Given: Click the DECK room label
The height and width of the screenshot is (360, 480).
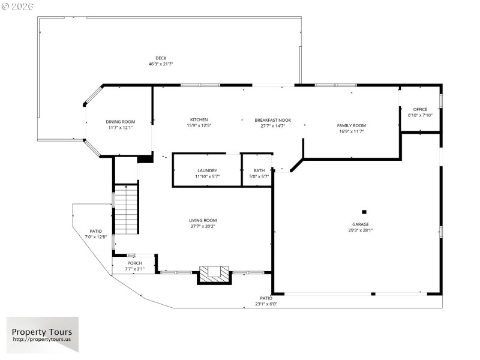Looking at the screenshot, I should tap(161, 58).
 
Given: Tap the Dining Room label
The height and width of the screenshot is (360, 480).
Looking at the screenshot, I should tap(121, 122).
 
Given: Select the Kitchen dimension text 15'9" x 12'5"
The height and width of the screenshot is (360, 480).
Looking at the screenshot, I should tap(199, 125).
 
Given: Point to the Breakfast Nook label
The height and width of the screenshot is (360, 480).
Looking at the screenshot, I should tap(272, 120).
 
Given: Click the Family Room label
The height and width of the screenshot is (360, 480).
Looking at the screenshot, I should tap(352, 125).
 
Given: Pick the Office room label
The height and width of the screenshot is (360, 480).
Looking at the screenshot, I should tap(420, 109).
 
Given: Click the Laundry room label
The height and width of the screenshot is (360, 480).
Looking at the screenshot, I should tap(207, 171).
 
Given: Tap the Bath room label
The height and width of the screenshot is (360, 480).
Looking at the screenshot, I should tap(259, 171).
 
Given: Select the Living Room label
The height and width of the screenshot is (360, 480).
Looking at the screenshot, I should tap(203, 220).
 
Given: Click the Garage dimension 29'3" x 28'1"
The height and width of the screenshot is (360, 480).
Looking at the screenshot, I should tap(361, 230).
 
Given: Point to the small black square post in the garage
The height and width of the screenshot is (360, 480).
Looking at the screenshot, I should tap(364, 211).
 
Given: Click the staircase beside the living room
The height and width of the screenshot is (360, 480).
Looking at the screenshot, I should tap(127, 210).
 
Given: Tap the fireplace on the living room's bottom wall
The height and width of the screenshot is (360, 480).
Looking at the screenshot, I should tap(214, 274).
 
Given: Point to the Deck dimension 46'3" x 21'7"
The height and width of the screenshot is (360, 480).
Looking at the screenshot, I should tap(161, 64).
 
